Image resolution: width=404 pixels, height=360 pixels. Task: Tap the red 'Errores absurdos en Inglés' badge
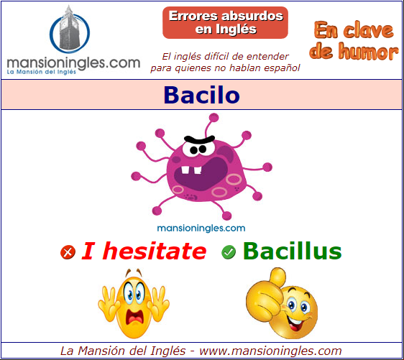tap(225, 23)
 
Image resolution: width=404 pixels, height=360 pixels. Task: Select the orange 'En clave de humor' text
tap(354, 41)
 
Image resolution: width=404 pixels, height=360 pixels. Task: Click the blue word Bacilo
tap(202, 95)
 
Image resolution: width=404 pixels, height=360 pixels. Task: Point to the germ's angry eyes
tap(198, 149)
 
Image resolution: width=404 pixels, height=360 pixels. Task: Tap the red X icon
tap(68, 251)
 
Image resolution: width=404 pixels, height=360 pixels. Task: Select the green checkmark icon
tap(229, 251)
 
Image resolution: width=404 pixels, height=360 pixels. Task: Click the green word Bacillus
tap(293, 251)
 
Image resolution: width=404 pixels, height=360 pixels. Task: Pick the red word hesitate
tap(155, 251)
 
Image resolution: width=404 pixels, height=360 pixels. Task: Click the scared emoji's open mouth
tap(134, 317)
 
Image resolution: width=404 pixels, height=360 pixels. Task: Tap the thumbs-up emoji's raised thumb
tap(277, 276)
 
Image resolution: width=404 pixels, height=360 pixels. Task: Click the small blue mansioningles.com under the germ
tap(201, 229)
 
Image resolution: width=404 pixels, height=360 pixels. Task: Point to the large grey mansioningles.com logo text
tap(74, 64)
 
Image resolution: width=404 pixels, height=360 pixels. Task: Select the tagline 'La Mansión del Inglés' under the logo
tap(42, 72)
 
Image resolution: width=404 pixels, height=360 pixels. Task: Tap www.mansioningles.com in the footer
tap(270, 351)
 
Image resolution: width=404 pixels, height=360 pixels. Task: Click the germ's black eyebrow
tap(199, 140)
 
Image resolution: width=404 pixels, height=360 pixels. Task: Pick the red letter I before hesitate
tap(88, 251)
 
